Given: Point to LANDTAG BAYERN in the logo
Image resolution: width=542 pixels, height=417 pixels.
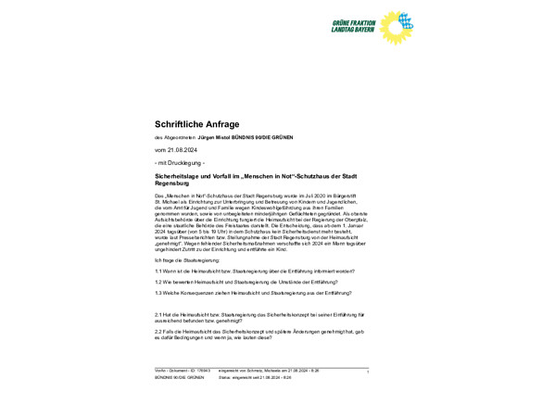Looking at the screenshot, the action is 352,31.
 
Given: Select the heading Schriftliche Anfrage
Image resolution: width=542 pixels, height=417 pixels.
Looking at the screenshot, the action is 196,123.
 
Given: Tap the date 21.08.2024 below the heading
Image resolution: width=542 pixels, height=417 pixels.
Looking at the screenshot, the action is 180,149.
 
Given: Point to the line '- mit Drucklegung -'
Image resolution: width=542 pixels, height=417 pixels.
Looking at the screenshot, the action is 180,162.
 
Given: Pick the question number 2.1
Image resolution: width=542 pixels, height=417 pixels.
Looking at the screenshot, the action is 158,314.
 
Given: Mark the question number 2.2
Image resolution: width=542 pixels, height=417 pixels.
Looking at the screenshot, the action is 158,330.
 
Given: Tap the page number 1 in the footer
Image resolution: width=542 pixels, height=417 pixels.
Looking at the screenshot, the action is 368,372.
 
